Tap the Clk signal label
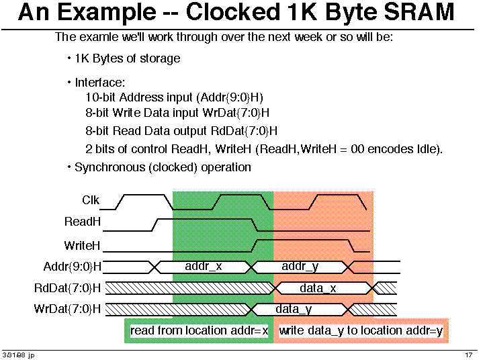coord(91,199)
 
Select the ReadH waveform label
coord(82,222)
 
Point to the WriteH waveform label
coord(82,246)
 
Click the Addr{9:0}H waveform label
coord(73,266)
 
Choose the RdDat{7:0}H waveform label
coord(67,288)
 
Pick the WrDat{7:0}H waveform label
coord(67,309)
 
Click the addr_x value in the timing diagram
coord(204,266)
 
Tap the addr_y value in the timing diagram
coord(300,267)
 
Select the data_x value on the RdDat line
coord(318,288)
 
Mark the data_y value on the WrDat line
coord(294,309)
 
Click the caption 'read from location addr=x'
coord(200,330)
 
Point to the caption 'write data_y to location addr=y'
coord(361,330)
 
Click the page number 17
coord(469,355)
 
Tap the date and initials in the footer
coord(18,355)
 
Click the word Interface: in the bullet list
coord(100,83)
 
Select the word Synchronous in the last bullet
coord(109,167)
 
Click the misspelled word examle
coord(98,37)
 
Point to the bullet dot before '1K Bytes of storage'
coord(69,58)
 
